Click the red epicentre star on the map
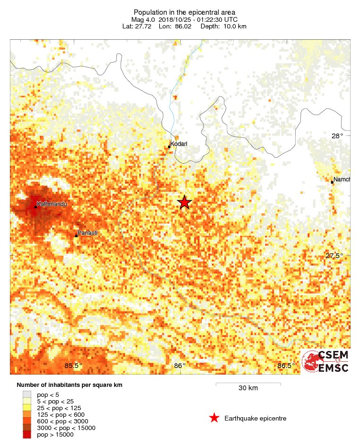coord(184,203)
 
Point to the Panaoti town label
coord(87,233)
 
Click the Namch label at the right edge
coord(341,179)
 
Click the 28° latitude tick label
coord(337,136)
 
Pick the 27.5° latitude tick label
coord(334,256)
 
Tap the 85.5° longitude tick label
coord(73,365)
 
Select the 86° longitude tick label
coord(179,365)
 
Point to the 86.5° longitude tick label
coord(286,365)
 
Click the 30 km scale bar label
coord(248,388)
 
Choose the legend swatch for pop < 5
coord(27,394)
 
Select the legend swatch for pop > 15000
coord(27,434)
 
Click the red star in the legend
coord(214,418)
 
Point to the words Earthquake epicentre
coord(255,418)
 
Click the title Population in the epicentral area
coord(184,12)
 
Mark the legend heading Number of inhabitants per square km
coord(70,385)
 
